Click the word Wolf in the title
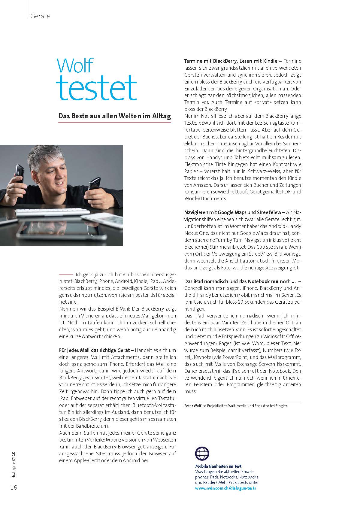point(75,65)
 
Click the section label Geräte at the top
point(40,16)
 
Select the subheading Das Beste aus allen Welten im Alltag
point(114,116)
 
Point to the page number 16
point(14,487)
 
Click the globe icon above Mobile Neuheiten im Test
point(202,454)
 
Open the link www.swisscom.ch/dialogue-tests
point(225,488)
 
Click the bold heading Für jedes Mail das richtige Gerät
point(96,350)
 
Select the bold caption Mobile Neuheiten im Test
point(218,466)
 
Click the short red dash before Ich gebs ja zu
point(66,275)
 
